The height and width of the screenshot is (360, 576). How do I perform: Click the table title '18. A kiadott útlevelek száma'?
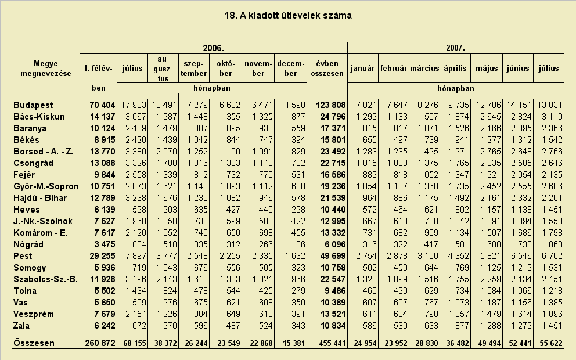(288, 16)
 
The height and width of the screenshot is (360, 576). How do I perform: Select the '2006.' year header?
(214, 48)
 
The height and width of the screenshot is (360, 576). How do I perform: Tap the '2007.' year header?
(455, 48)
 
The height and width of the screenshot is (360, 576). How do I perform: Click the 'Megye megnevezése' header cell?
(46, 69)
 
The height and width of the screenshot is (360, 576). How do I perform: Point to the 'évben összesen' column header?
(327, 69)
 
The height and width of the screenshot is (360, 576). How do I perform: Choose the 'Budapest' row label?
(33, 105)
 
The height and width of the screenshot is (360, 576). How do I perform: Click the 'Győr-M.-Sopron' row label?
(46, 186)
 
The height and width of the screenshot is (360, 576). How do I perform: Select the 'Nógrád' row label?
(28, 244)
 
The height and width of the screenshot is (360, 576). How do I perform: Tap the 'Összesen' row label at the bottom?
(34, 343)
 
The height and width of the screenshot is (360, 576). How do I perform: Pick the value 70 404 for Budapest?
(102, 105)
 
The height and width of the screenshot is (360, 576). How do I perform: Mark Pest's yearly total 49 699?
(333, 256)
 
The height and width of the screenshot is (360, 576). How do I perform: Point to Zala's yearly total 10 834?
(333, 326)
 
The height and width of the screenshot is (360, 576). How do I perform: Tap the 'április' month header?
(455, 69)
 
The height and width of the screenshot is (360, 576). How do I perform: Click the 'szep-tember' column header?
(193, 69)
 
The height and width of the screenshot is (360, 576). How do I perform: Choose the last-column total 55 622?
(550, 344)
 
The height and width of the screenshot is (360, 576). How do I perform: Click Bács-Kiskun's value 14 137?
(102, 117)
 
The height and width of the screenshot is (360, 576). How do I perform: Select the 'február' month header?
(394, 69)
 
